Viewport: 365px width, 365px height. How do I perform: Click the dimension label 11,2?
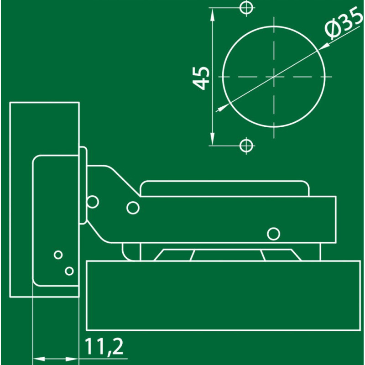[x=104, y=347]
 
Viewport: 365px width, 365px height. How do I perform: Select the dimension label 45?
[x=201, y=78]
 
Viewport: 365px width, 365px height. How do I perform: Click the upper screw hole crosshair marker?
[x=246, y=8]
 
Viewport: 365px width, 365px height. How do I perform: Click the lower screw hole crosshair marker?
[x=246, y=146]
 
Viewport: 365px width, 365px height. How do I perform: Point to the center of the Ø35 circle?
[x=274, y=77]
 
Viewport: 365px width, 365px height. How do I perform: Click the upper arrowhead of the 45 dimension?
[x=212, y=14]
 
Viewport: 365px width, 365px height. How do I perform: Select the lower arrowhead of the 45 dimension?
[x=212, y=139]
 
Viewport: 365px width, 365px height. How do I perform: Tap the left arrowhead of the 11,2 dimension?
[x=39, y=359]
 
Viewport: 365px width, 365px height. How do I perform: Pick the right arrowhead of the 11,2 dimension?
[x=72, y=359]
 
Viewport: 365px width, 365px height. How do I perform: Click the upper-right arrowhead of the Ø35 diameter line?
[x=324, y=46]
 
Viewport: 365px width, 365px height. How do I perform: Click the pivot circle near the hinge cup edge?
[x=93, y=202]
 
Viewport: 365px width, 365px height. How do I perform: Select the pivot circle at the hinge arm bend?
[x=133, y=208]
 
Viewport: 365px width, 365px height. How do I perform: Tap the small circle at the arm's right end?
[x=273, y=234]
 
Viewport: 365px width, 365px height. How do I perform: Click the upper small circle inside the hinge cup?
[x=58, y=255]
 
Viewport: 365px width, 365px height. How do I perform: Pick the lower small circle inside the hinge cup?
[x=69, y=271]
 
